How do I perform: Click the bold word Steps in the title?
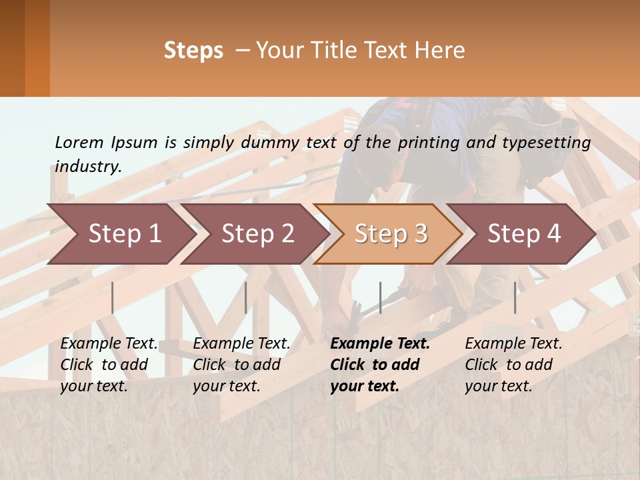pyautogui.click(x=193, y=51)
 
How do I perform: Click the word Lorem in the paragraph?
pyautogui.click(x=79, y=142)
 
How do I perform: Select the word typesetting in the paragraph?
pyautogui.click(x=552, y=143)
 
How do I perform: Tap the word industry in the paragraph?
pyautogui.click(x=87, y=167)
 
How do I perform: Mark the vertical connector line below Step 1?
pyautogui.click(x=113, y=297)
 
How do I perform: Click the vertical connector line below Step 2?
pyautogui.click(x=246, y=297)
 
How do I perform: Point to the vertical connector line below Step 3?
pyautogui.click(x=380, y=297)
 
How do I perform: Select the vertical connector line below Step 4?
pyautogui.click(x=515, y=297)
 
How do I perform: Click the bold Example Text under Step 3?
pyautogui.click(x=380, y=344)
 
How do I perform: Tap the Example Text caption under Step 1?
pyautogui.click(x=109, y=344)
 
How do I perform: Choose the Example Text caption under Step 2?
pyautogui.click(x=241, y=344)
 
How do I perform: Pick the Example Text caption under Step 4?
pyautogui.click(x=513, y=344)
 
